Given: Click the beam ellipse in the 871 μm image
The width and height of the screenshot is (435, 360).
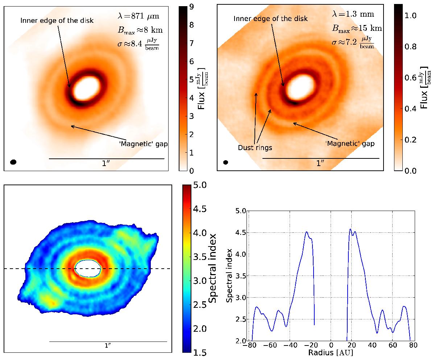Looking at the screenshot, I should click(13, 162).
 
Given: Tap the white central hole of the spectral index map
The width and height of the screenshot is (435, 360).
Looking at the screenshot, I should click(88, 268).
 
